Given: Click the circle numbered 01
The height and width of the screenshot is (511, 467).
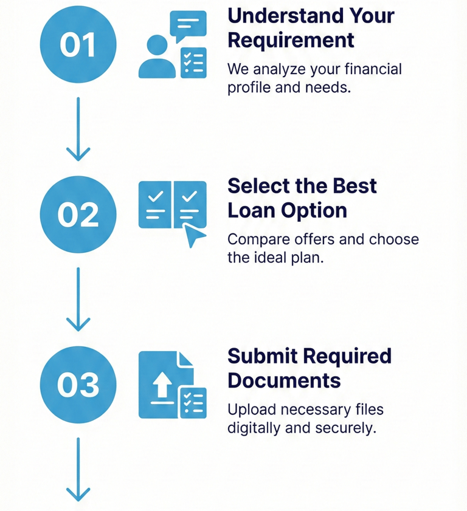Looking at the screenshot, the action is [78, 45].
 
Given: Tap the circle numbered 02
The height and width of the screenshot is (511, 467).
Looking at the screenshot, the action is [78, 214].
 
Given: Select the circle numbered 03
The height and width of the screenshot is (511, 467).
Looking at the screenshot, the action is [78, 383].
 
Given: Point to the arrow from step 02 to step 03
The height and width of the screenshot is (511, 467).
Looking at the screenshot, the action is [78, 298].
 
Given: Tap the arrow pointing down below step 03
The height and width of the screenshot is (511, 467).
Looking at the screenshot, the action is [78, 468].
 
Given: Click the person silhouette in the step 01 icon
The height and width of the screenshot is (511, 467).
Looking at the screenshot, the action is [156, 57].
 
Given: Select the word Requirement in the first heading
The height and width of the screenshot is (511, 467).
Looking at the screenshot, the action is [290, 40].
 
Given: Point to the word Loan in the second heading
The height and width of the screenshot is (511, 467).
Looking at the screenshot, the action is [251, 210].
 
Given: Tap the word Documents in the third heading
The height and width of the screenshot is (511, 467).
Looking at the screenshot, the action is [284, 380].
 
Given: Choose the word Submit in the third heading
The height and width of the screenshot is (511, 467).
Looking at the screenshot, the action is [257, 355].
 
